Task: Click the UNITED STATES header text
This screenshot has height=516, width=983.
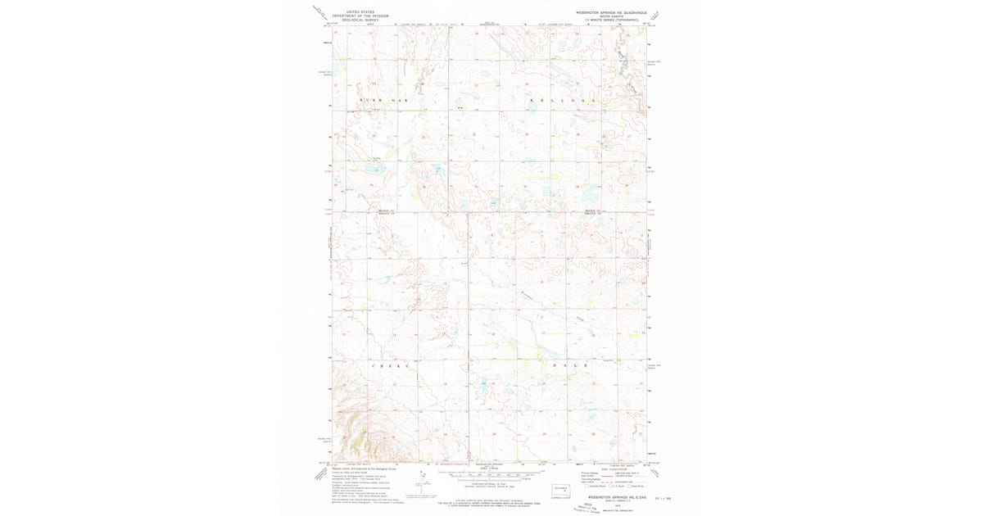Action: point(360,11)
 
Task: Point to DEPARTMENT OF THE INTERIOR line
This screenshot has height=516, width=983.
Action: point(360,16)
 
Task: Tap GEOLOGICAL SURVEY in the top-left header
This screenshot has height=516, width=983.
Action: point(360,20)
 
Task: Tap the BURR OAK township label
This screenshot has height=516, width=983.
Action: point(383,100)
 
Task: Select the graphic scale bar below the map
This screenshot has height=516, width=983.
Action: point(491,473)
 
